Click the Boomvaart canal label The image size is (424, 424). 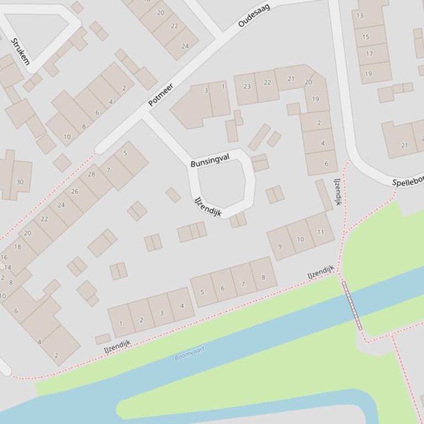tap(190, 354)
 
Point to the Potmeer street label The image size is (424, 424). tap(160, 95)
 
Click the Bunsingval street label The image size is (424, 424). tap(210, 160)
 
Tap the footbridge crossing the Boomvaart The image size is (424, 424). tap(352, 306)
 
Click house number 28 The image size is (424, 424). tap(92, 174)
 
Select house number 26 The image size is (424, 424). tap(74, 191)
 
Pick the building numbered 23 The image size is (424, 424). tap(246, 86)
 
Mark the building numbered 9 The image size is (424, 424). tap(280, 246)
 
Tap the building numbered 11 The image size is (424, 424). tap(320, 232)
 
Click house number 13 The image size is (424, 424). tap(360, 15)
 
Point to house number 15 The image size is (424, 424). tap(366, 37)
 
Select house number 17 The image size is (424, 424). tap(369, 53)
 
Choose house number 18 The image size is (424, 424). tap(18, 247)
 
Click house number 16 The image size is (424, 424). tap(4, 257)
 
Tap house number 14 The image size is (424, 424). tap(8, 268)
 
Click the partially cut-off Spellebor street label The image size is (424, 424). tap(409, 181)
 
